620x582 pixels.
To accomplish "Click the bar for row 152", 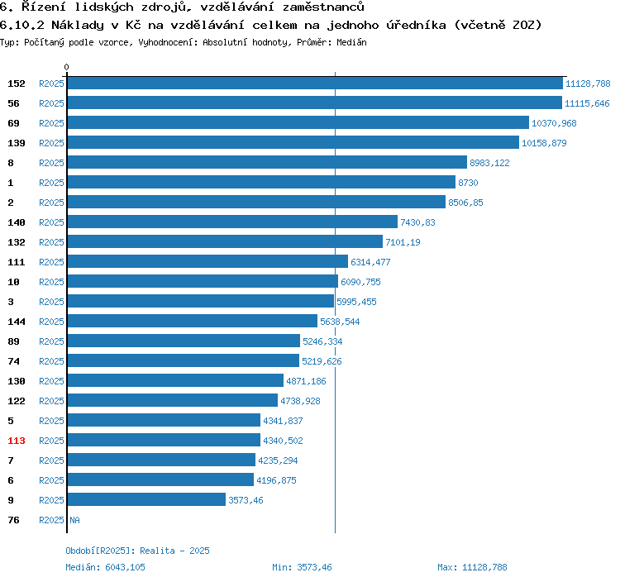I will (315, 83).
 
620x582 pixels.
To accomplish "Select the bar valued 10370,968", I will (298, 123).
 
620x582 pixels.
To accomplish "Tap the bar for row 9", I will (146, 500).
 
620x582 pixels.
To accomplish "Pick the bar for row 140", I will (232, 222).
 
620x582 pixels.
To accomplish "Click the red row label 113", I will (17, 441).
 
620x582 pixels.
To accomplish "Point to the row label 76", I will (13, 520).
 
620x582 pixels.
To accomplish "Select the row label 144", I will (17, 322).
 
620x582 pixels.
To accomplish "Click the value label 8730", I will (468, 183).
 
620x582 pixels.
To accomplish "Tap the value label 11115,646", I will (587, 103).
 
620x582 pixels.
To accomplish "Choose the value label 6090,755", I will (360, 282).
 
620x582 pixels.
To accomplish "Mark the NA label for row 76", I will (74, 520).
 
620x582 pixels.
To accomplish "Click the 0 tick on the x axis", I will (67, 67).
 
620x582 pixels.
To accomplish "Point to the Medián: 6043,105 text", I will (105, 567).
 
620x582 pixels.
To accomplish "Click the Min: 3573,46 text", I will (302, 567).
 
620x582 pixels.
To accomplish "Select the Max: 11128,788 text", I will (472, 567).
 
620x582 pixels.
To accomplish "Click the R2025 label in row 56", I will (51, 103).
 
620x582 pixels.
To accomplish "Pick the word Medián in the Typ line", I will (351, 41).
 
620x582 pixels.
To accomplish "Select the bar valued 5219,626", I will (183, 361).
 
